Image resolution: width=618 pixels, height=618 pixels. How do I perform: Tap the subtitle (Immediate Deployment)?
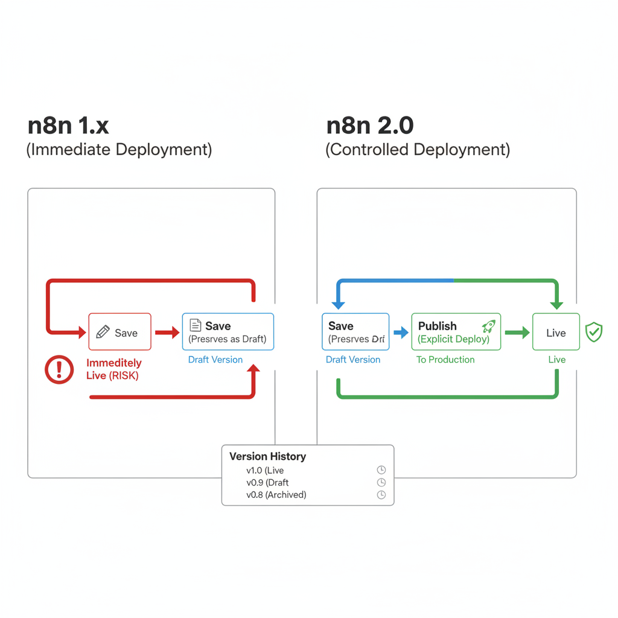coord(119,150)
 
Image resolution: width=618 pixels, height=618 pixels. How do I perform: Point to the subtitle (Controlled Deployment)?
coord(418,150)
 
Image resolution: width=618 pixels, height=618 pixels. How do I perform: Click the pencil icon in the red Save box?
coord(103,332)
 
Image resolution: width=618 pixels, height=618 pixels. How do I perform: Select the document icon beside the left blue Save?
coord(196,325)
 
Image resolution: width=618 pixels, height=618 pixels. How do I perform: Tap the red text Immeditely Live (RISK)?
coord(113,369)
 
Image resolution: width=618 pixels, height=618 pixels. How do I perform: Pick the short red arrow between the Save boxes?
coord(167,332)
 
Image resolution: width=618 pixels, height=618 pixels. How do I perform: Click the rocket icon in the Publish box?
coord(488,326)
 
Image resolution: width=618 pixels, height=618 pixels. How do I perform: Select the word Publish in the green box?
coord(438,326)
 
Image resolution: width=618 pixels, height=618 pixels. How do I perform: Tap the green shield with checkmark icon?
coord(594,332)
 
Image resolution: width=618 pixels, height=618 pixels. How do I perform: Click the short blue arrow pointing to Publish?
coord(401,332)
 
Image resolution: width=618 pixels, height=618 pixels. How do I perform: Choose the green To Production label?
coord(445,360)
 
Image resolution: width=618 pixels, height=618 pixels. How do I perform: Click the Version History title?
coord(267,456)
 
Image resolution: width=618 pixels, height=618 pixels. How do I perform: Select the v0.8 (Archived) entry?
coord(276,495)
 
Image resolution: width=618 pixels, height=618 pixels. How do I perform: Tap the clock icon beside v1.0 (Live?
coord(381,470)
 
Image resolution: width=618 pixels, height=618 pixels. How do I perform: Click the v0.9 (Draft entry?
coord(267,482)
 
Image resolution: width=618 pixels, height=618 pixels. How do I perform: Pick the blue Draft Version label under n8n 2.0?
coord(353,360)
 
